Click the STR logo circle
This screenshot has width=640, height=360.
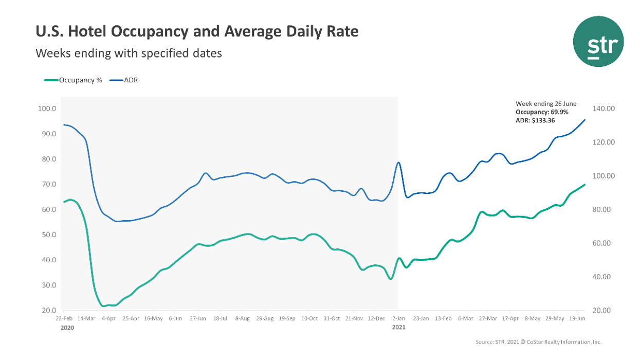click(598, 42)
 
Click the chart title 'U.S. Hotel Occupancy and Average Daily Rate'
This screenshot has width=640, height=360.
click(197, 32)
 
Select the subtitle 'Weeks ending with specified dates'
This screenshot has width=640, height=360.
click(129, 53)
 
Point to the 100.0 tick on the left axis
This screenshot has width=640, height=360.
click(47, 109)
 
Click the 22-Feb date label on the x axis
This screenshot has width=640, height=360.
click(64, 319)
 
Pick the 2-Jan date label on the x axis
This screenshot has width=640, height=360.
click(398, 319)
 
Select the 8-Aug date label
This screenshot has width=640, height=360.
click(242, 319)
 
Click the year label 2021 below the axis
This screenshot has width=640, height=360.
click(398, 328)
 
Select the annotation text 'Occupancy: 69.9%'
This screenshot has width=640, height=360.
click(542, 112)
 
